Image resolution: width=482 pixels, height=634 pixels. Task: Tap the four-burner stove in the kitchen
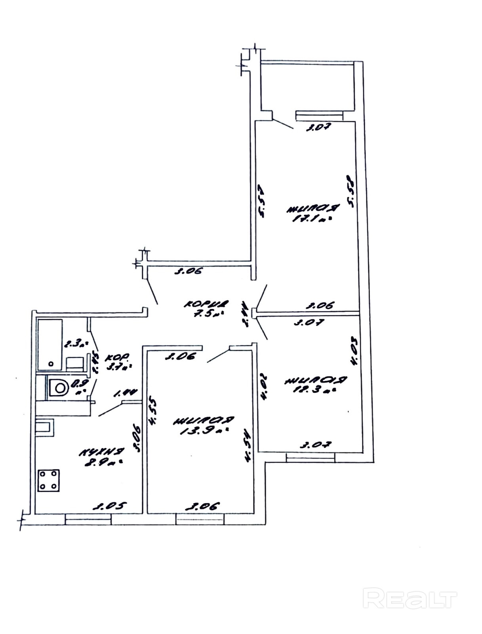pyautogui.click(x=49, y=480)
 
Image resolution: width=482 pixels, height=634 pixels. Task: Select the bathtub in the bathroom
pyautogui.click(x=50, y=344)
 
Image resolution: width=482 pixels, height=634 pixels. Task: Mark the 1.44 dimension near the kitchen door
pyautogui.click(x=125, y=393)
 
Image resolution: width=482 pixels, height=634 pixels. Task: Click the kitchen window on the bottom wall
pyautogui.click(x=88, y=519)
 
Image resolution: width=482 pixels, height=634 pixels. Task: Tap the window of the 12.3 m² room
pyautogui.click(x=311, y=458)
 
